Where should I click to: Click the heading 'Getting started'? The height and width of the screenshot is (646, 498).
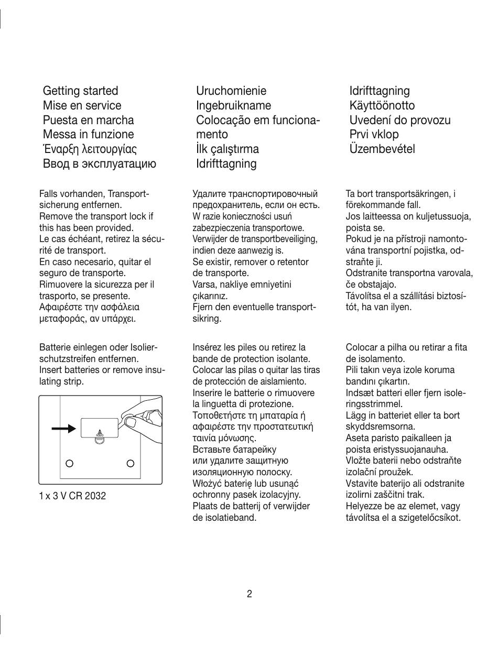point(80,91)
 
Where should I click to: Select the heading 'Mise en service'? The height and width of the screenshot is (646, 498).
point(82,105)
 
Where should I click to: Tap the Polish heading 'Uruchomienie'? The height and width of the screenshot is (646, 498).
point(231,91)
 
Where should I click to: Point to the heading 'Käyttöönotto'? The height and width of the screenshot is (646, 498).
point(382,105)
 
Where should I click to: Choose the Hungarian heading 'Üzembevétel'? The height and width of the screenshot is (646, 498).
point(382,149)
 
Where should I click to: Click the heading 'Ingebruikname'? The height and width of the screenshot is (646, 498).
point(233,105)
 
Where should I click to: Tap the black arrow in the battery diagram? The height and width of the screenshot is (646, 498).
point(63,429)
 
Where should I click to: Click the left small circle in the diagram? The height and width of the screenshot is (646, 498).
point(69,463)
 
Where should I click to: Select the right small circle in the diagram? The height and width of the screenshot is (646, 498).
point(131,463)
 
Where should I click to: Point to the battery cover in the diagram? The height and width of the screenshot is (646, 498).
point(100,428)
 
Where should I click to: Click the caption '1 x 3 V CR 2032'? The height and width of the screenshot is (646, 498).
point(72,496)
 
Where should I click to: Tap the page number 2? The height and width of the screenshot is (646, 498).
point(249,594)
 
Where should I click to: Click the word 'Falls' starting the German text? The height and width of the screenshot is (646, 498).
point(48,194)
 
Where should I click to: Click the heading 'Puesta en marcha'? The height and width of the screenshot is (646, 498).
point(88,120)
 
